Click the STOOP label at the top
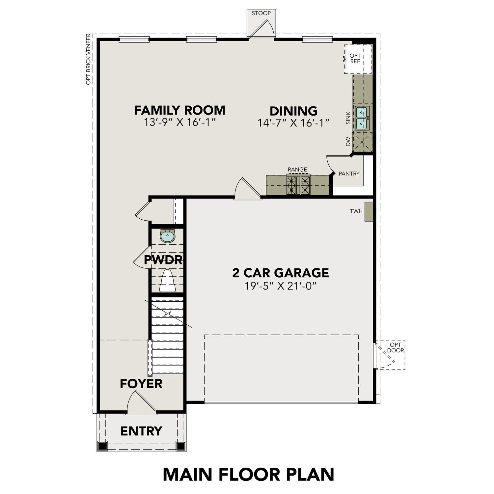click(x=261, y=14)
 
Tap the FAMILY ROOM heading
click(x=180, y=110)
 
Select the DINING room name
click(x=293, y=111)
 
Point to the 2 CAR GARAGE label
click(x=281, y=273)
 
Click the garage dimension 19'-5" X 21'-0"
click(x=281, y=286)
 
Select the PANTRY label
click(x=349, y=174)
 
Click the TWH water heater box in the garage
click(x=368, y=211)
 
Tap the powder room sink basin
click(x=168, y=236)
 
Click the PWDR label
click(x=163, y=260)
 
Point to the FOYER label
click(x=141, y=384)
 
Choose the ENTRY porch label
click(x=141, y=431)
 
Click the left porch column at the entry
click(x=103, y=446)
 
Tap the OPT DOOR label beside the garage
click(x=395, y=347)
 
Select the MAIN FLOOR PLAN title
click(x=249, y=474)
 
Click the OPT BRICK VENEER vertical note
click(x=88, y=59)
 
